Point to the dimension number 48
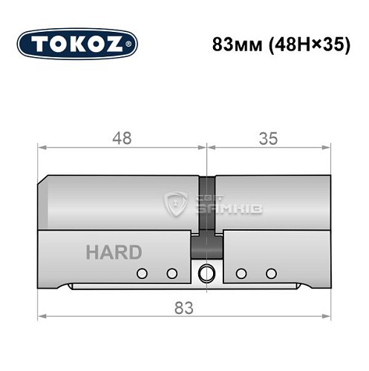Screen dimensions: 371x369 click(122, 138)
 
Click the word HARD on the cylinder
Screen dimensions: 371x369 click(113, 252)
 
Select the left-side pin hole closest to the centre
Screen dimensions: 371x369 click(172, 273)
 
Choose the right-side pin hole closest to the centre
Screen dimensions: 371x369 click(241, 273)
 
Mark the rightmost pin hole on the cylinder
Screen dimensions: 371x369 click(271, 273)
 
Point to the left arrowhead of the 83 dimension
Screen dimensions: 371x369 click(42, 318)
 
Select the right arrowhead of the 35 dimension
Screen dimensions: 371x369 click(327, 148)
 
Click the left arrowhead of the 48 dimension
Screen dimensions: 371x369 click(42, 148)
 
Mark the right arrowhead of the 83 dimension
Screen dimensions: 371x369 click(327, 318)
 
